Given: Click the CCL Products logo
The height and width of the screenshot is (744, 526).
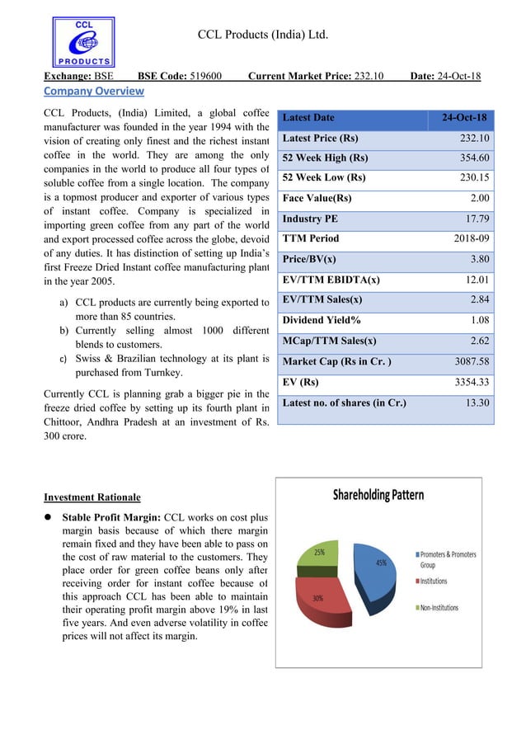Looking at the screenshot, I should (x=83, y=42).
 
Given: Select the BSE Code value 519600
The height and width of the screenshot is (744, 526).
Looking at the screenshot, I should (x=205, y=77).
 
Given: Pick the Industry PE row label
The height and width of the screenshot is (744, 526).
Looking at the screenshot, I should (x=309, y=219).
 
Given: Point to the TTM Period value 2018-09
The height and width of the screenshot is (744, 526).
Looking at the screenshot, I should (x=469, y=238).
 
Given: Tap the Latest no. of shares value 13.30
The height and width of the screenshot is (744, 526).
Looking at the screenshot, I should (x=477, y=403).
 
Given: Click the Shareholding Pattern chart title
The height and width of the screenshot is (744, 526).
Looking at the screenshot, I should (x=378, y=495).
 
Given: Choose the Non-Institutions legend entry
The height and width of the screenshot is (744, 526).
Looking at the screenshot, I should (x=450, y=608).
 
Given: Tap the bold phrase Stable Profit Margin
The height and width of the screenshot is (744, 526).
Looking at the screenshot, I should (x=110, y=518).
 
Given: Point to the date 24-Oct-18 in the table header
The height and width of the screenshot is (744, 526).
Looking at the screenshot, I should (x=463, y=118).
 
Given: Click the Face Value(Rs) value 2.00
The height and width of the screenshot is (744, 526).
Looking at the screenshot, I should (x=480, y=198).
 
